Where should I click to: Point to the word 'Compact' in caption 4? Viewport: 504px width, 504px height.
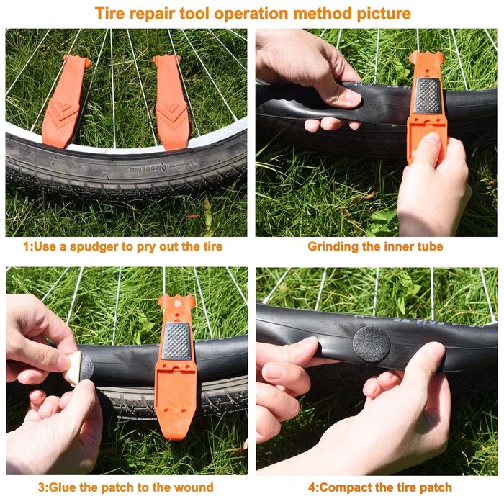[x=344, y=488]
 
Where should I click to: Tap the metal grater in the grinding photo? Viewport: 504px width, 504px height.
[x=428, y=95]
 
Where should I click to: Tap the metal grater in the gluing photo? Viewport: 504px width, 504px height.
[x=176, y=341]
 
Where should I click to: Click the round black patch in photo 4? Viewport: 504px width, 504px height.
[x=372, y=344]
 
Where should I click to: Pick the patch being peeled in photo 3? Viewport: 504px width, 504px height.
[x=81, y=367]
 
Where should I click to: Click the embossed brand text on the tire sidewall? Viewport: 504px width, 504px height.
[x=148, y=168]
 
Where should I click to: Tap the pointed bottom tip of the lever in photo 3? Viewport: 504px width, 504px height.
[x=174, y=436]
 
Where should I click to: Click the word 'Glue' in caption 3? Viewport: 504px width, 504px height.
[x=62, y=487]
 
